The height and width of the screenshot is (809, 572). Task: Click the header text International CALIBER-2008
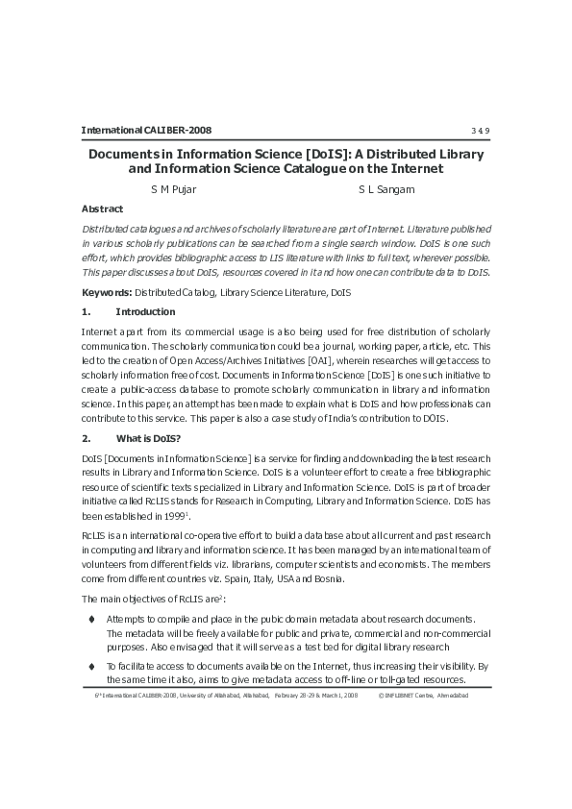point(146,131)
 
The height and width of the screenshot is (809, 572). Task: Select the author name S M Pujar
point(173,189)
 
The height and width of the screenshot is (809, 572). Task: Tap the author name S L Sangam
point(386,189)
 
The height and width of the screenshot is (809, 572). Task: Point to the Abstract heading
point(102,208)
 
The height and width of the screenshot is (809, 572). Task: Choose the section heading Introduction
point(145,311)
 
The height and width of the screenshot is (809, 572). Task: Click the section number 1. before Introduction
point(86,311)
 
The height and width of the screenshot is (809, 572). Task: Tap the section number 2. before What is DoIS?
point(86,437)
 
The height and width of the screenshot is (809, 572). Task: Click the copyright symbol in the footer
point(382,694)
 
